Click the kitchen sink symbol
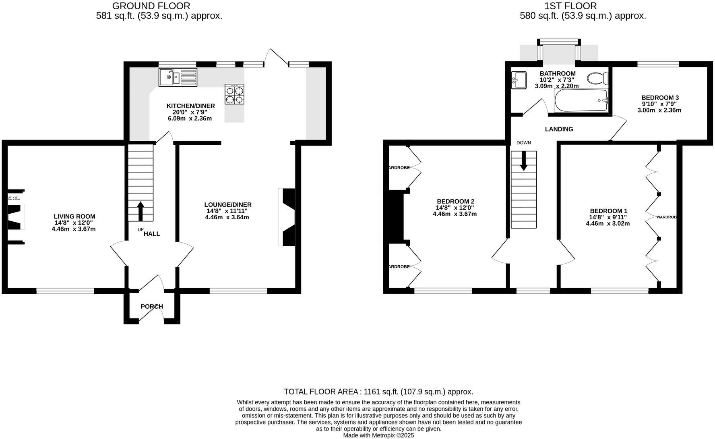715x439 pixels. [178, 77]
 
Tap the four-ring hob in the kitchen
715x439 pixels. [234, 94]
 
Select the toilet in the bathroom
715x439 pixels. [598, 78]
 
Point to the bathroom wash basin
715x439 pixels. [518, 80]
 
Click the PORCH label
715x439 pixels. [152, 306]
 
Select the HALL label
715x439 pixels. [152, 234]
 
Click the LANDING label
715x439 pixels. [559, 129]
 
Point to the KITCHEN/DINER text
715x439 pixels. [190, 106]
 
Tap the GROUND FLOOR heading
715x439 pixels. [151, 6]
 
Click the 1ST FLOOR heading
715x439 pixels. [570, 6]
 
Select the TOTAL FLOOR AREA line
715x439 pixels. [378, 391]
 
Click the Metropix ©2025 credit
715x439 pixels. [378, 435]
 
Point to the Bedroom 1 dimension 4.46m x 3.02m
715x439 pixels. [608, 223]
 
